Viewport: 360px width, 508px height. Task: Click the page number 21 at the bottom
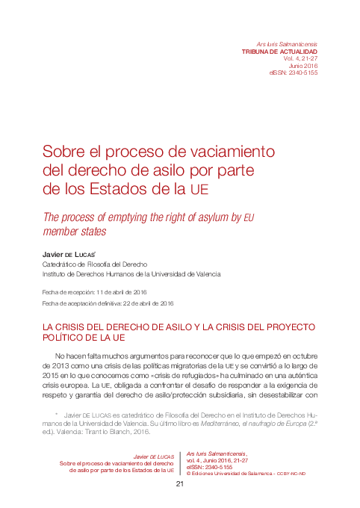coord(179,484)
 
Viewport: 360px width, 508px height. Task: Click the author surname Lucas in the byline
coord(96,254)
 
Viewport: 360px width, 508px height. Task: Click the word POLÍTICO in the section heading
coord(69,338)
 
